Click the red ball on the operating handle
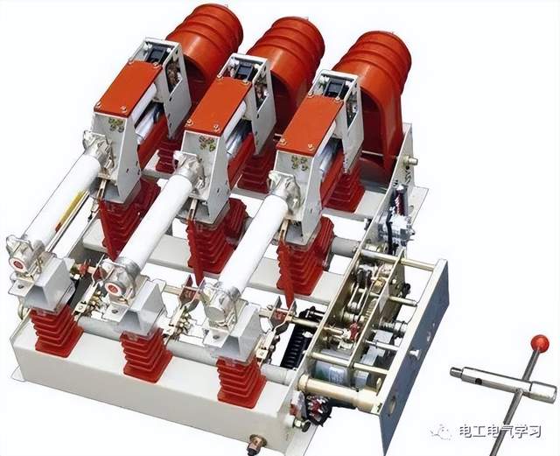click(x=539, y=343)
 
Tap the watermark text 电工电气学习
click(x=500, y=431)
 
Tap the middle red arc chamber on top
click(x=288, y=60)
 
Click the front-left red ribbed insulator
click(x=55, y=333)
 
